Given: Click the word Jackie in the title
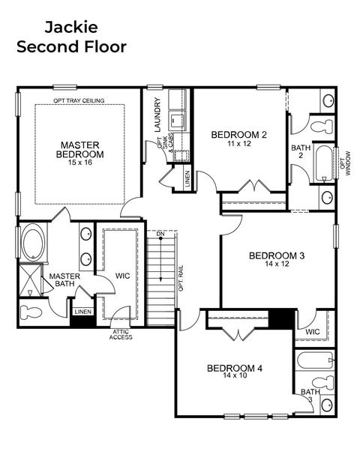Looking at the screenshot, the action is click(x=71, y=27).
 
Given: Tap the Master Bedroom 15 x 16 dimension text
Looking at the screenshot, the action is click(x=79, y=163).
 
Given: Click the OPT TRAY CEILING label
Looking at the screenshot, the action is click(x=79, y=100).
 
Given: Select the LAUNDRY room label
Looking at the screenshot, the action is click(x=157, y=115).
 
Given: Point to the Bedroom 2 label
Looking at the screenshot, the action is click(x=239, y=135).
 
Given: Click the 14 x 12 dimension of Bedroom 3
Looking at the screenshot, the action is click(x=277, y=264).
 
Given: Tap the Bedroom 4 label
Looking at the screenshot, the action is click(x=235, y=368).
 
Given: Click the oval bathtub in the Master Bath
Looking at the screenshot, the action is click(x=33, y=242).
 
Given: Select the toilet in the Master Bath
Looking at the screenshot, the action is click(x=30, y=312).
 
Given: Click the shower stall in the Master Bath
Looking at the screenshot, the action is click(x=30, y=280).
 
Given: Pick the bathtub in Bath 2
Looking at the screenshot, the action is click(x=324, y=163).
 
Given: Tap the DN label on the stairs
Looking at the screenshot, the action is click(x=160, y=234).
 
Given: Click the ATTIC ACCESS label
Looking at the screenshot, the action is click(x=121, y=334).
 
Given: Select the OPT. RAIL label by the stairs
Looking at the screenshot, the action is click(x=181, y=278).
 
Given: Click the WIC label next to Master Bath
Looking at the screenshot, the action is click(x=122, y=276).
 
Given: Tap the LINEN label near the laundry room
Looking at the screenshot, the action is click(x=187, y=178).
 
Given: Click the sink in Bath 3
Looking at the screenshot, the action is click(x=327, y=405).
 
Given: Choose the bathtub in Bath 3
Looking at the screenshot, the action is click(x=315, y=360).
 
